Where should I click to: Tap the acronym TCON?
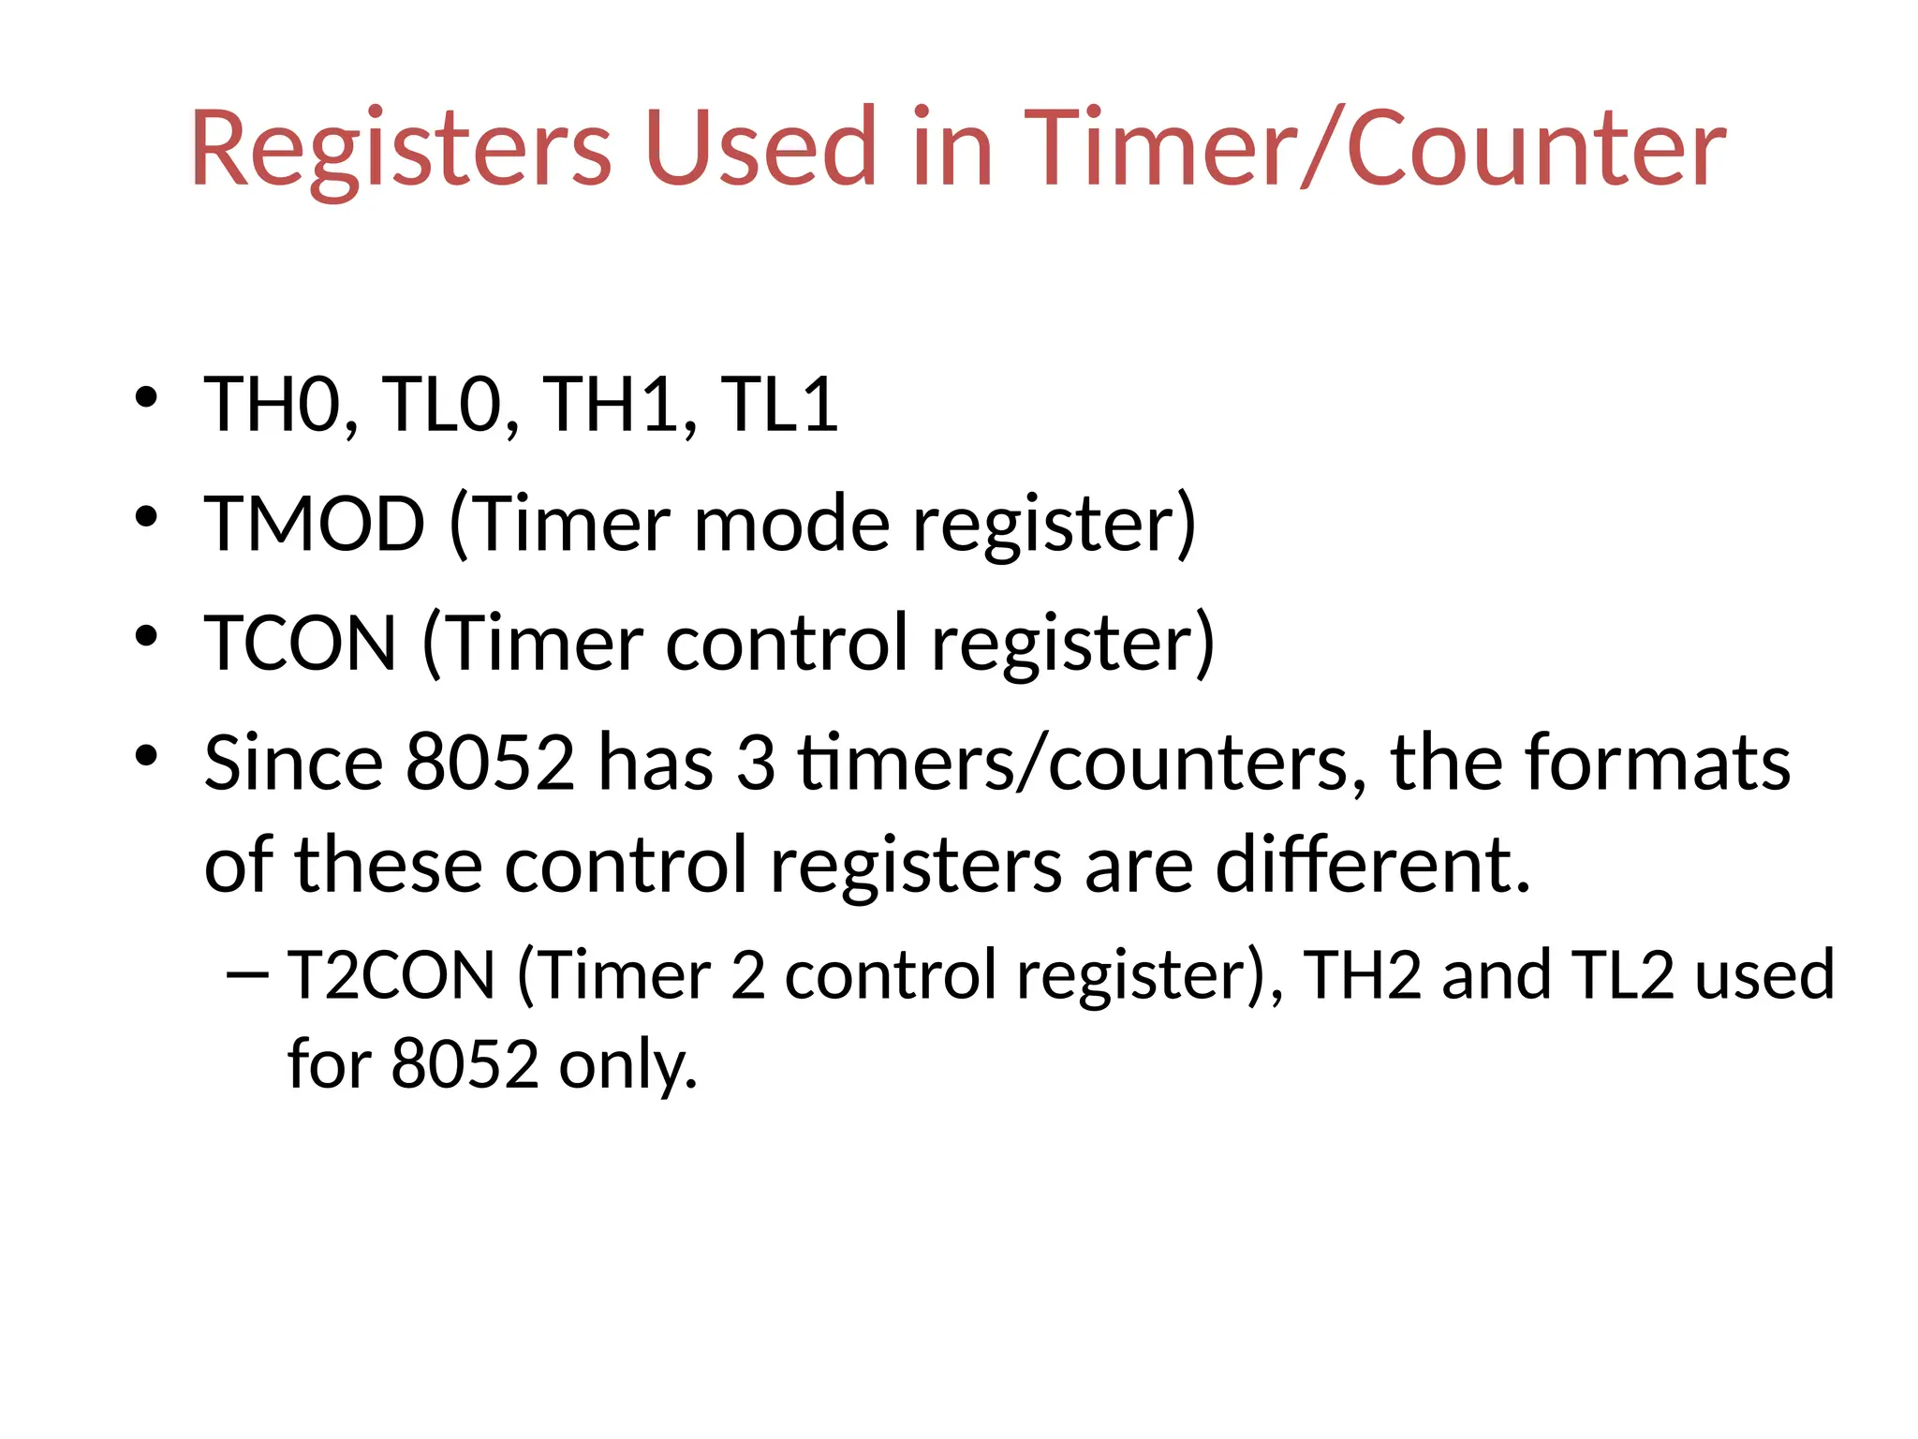(x=301, y=643)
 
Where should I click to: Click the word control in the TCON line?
(x=787, y=643)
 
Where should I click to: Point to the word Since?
(x=293, y=763)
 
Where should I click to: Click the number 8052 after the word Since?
(x=490, y=763)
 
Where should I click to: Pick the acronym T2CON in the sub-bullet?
(x=391, y=976)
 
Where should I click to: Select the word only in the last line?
(x=628, y=1065)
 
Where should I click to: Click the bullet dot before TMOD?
(x=146, y=516)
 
